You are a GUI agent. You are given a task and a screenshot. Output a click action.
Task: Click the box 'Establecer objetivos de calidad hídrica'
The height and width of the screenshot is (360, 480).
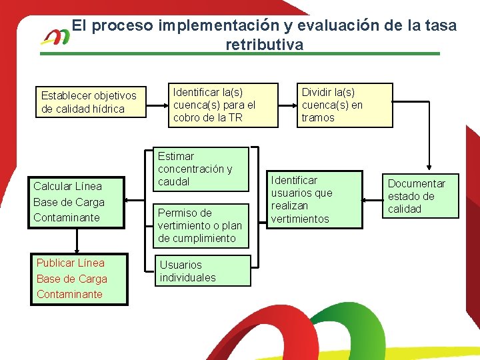tap(90, 102)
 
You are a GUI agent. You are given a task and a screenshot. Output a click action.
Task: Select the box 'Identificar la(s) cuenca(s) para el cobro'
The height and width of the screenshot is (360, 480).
tap(221, 105)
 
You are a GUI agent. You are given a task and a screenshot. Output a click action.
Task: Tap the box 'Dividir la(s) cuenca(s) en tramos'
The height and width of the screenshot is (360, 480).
tap(345, 105)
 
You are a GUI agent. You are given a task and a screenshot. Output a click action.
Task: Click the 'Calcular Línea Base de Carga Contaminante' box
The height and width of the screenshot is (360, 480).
tap(77, 201)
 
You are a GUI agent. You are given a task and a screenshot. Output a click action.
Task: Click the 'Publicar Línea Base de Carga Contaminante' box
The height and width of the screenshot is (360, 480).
tap(79, 279)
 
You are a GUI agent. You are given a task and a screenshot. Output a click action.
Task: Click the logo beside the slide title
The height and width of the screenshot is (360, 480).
tap(55, 37)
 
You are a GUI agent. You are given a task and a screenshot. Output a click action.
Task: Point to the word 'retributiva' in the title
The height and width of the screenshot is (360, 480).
tap(264, 45)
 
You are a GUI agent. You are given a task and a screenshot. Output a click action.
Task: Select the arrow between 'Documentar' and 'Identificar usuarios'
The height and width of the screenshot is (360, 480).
tap(371, 199)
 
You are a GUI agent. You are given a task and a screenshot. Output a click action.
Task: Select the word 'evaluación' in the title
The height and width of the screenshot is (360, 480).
tap(338, 26)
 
